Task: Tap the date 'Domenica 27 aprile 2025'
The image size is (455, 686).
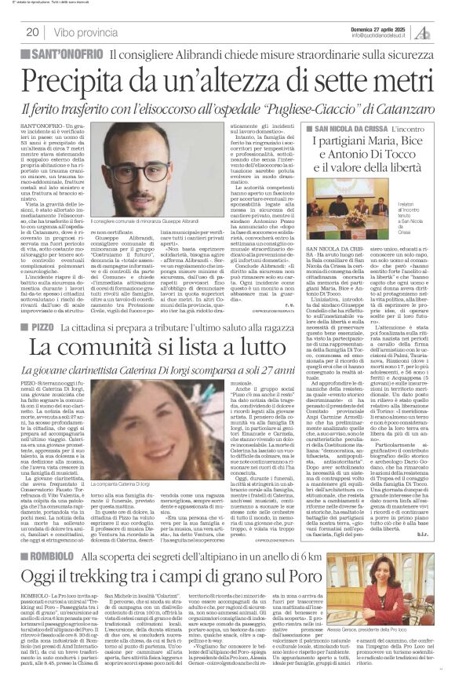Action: pyautogui.click(x=380, y=27)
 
